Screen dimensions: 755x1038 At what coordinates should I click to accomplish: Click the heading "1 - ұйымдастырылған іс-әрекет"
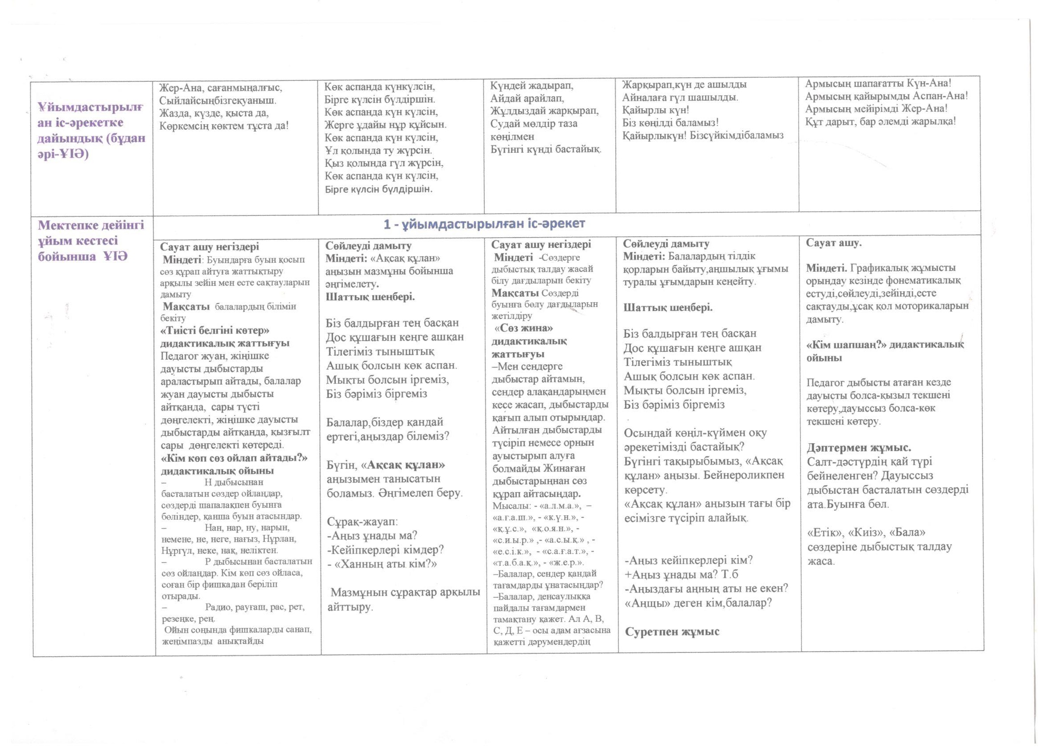click(x=484, y=223)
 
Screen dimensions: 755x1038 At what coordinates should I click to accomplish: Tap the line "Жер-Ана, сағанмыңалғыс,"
click(x=221, y=87)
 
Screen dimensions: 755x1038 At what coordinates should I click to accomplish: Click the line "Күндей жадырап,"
click(x=525, y=85)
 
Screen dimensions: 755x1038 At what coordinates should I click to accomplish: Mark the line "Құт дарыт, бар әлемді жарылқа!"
click(x=880, y=121)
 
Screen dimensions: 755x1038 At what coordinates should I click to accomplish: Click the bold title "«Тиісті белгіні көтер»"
click(x=214, y=330)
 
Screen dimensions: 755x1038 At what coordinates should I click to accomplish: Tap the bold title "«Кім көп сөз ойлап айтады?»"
click(x=234, y=458)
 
